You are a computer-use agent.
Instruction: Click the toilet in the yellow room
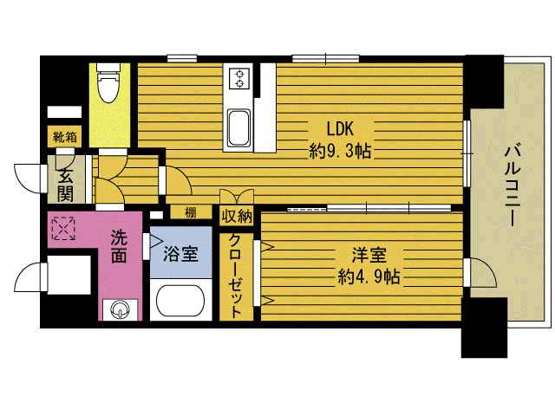(108, 83)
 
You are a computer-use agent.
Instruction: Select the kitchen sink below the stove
(238, 127)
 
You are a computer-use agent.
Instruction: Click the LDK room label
(340, 128)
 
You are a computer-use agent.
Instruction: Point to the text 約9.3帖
(340, 152)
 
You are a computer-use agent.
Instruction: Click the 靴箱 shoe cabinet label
(65, 137)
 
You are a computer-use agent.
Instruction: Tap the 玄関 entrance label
(66, 184)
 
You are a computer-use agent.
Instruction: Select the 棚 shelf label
(191, 212)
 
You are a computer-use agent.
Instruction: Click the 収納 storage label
(237, 216)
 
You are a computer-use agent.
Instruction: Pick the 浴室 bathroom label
(180, 254)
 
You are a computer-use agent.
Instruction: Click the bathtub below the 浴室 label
(180, 301)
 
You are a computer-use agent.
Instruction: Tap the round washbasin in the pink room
(120, 310)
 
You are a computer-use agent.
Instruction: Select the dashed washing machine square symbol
(63, 229)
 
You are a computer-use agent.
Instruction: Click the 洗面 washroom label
(119, 246)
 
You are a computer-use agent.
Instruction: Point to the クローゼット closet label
(235, 276)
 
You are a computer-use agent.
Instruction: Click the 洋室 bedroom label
(369, 255)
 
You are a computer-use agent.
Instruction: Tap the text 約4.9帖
(369, 276)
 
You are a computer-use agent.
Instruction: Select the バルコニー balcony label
(513, 185)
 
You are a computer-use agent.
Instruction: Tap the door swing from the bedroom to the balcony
(483, 272)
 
